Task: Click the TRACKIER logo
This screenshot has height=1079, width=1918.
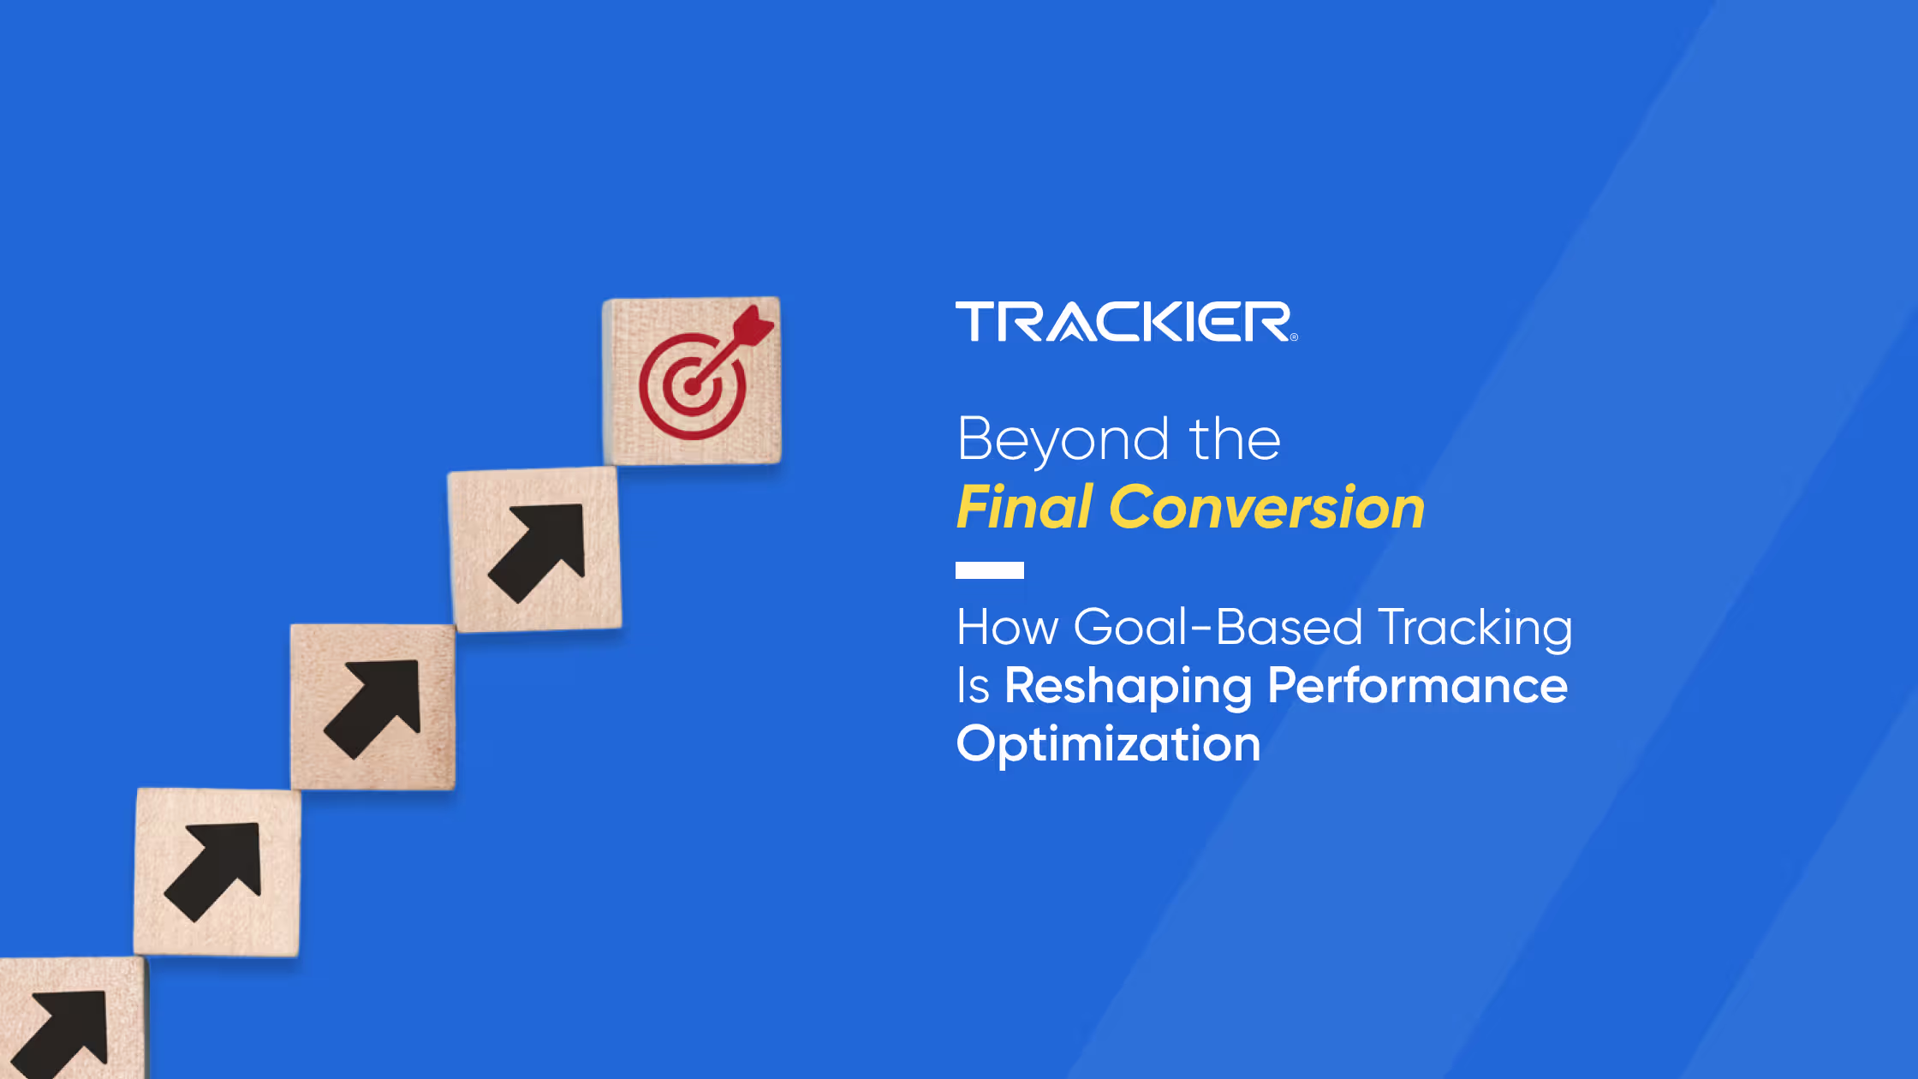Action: pos(1123,321)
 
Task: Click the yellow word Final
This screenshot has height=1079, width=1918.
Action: pos(1024,508)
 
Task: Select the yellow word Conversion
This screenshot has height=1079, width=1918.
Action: pos(1266,508)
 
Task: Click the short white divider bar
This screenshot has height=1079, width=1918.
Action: pos(989,570)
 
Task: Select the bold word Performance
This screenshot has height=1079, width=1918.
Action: pos(1417,687)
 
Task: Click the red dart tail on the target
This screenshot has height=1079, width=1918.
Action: pos(753,325)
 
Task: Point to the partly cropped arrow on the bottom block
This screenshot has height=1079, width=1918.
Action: pos(64,1034)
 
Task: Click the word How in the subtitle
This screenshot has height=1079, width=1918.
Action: pos(1007,628)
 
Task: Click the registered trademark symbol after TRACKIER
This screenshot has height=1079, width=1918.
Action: pos(1294,337)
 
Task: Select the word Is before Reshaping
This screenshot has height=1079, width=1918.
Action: pos(973,687)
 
